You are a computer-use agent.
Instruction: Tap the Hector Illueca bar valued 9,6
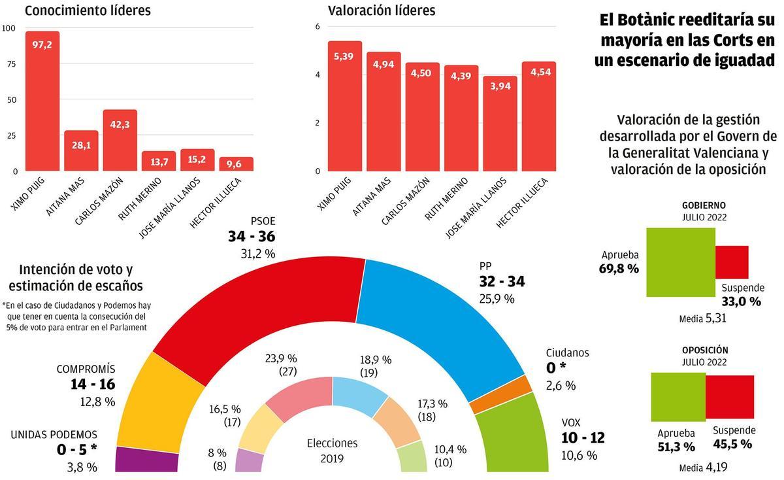point(236,164)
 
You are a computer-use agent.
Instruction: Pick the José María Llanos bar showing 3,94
point(500,124)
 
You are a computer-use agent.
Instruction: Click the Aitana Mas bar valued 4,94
point(384,111)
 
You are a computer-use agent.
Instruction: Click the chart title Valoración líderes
point(381,10)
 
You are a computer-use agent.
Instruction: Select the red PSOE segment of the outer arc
point(261,307)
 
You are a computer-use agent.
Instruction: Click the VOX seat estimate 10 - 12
point(583,438)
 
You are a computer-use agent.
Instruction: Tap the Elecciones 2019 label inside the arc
point(332,450)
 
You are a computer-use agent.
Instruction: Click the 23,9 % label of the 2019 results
point(281,358)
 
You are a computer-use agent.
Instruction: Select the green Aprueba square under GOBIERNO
point(680,262)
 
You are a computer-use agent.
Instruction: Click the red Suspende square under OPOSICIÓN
point(730,398)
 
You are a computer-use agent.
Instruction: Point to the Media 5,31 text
point(702,318)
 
